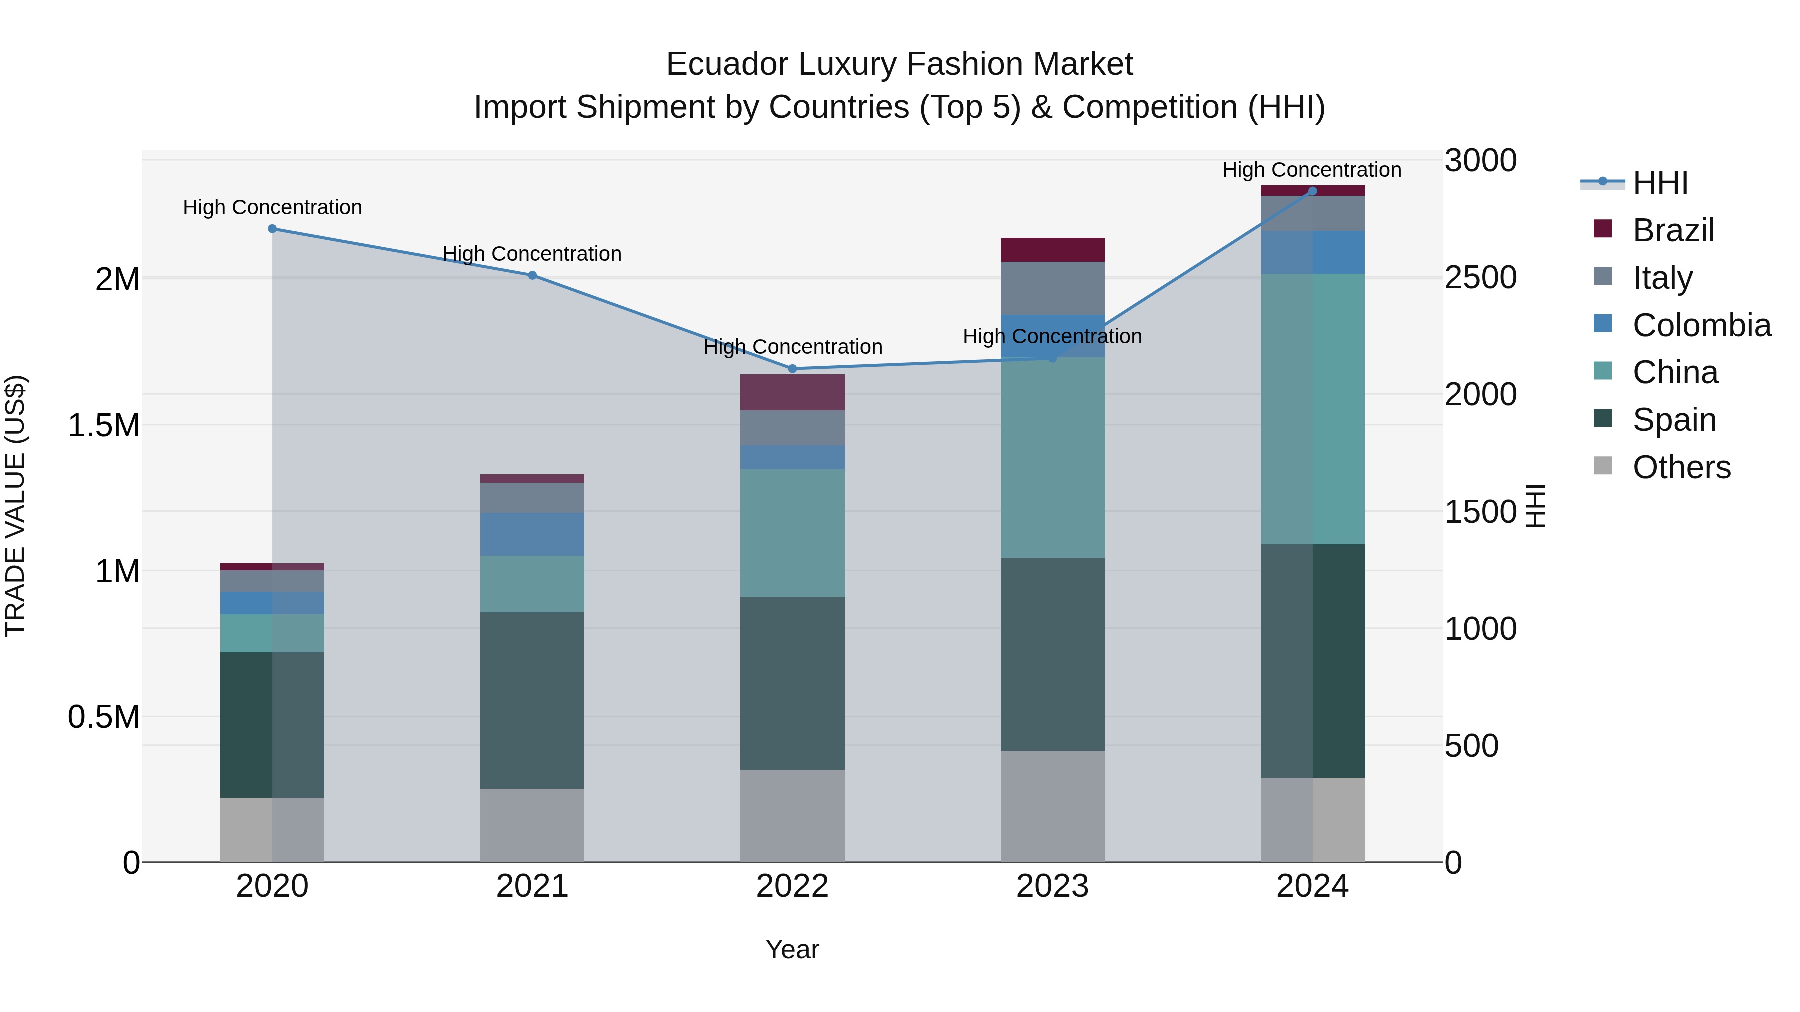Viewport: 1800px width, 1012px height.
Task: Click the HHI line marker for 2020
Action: click(272, 228)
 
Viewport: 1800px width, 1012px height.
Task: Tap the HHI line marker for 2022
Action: click(792, 369)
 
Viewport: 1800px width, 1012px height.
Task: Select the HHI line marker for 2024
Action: click(1312, 191)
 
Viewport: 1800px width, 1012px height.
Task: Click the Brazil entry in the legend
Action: click(1673, 230)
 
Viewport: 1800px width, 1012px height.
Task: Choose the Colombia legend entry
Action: click(1701, 325)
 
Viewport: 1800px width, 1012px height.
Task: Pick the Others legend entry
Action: click(1681, 467)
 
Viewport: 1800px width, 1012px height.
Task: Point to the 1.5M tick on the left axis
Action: click(103, 425)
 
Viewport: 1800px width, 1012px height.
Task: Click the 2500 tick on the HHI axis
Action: click(1480, 278)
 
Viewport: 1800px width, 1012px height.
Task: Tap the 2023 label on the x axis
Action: click(1052, 886)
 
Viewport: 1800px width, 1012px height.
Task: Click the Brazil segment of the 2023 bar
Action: click(1052, 250)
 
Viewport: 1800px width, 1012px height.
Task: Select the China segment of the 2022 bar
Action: click(792, 533)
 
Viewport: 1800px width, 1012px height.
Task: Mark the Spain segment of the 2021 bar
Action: click(532, 701)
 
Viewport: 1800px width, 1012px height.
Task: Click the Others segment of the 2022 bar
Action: click(792, 816)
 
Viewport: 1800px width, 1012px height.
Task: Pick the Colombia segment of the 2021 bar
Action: click(532, 534)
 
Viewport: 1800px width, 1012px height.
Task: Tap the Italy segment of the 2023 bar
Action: click(1052, 288)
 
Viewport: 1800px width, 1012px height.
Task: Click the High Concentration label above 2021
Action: click(532, 253)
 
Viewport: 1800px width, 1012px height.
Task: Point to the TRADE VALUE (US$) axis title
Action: click(15, 506)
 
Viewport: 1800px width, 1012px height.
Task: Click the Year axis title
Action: click(792, 949)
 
